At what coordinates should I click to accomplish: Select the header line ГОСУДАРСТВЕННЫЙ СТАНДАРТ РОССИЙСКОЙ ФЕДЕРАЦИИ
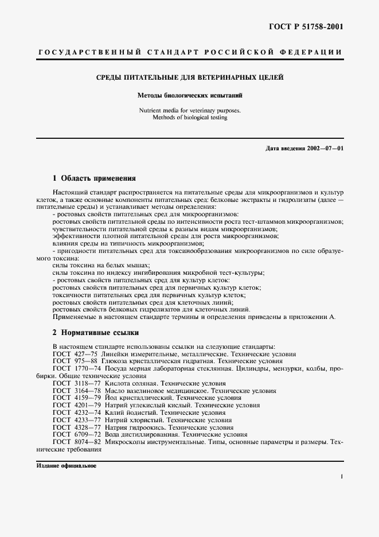pyautogui.click(x=189, y=52)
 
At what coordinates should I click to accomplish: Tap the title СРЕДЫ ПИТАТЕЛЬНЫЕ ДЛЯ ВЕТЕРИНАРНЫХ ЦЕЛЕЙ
pyautogui.click(x=189, y=77)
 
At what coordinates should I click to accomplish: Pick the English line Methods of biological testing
pyautogui.click(x=189, y=117)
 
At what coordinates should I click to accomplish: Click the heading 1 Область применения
pyautogui.click(x=94, y=178)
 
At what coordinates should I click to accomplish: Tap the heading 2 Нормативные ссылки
pyautogui.click(x=95, y=332)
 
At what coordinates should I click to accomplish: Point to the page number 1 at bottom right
pyautogui.click(x=341, y=476)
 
